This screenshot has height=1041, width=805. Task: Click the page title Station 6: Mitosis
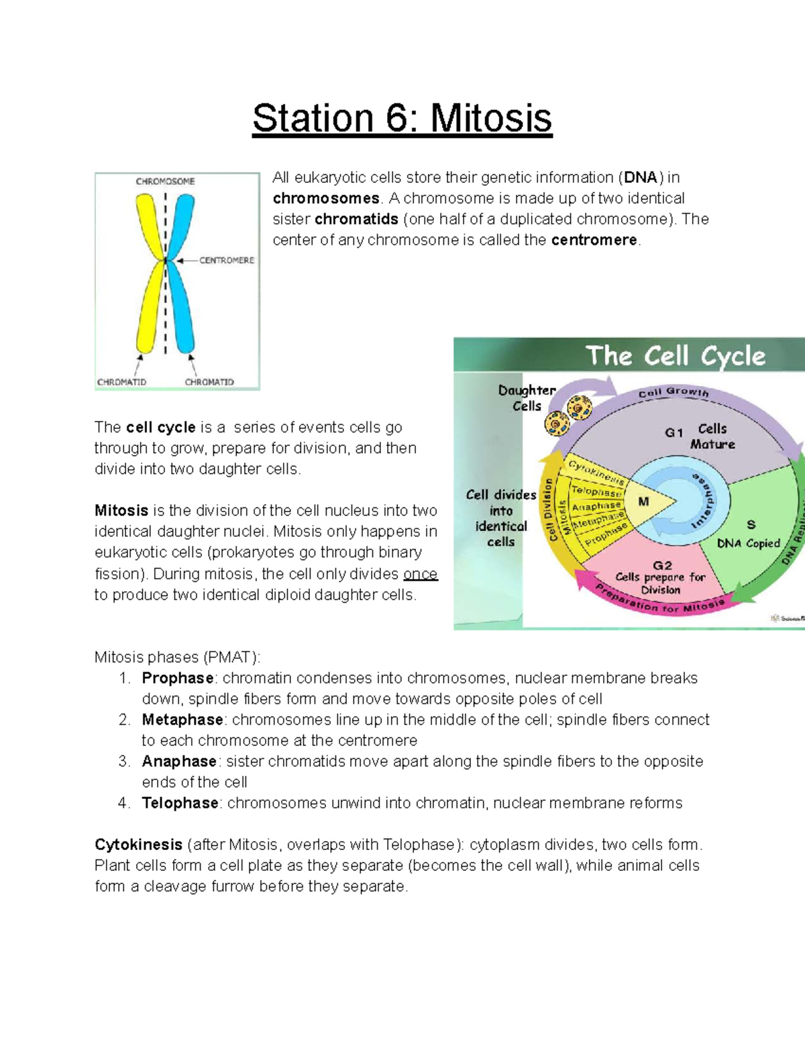[x=402, y=119]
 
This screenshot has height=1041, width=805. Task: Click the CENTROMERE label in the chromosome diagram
[x=227, y=260]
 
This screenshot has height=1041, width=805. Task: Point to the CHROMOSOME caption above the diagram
[x=165, y=181]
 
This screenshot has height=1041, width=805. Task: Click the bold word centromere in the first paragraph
[x=594, y=240]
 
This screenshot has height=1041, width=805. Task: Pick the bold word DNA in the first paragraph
[x=641, y=178]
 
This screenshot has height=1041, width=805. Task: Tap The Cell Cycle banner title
[x=675, y=356]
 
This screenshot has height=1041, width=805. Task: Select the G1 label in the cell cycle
[x=674, y=433]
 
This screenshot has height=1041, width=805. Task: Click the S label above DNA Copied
[x=751, y=524]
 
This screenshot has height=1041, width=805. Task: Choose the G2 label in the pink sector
[x=662, y=565]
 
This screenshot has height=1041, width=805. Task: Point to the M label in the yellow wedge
[x=643, y=501]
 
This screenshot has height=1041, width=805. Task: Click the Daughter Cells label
[x=527, y=397]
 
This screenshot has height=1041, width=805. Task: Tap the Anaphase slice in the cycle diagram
[x=596, y=507]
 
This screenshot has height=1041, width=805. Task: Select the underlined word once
[x=420, y=574]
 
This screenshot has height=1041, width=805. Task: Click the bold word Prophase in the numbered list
[x=178, y=678]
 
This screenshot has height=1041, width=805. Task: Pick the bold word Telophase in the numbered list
[x=180, y=803]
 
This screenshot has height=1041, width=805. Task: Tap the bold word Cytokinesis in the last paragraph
[x=138, y=845]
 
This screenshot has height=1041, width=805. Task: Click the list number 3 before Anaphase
[x=123, y=761]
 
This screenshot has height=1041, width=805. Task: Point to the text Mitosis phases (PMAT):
[x=177, y=657]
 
